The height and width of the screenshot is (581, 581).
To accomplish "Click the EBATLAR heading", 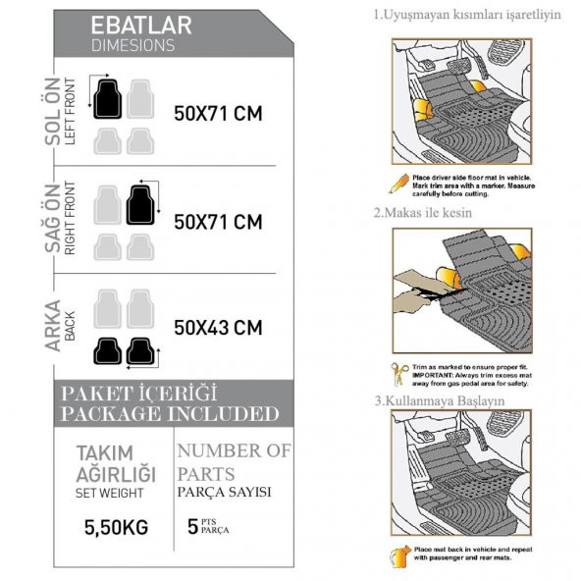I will (x=140, y=26).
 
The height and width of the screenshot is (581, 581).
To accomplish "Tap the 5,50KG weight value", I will (x=116, y=527).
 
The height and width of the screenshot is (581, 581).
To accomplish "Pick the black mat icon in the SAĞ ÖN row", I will (x=141, y=204).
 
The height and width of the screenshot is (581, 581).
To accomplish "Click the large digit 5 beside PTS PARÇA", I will (x=193, y=526).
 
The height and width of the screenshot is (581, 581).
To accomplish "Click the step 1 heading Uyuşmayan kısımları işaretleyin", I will (x=468, y=15).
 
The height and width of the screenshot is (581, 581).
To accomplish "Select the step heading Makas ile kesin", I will (x=423, y=212).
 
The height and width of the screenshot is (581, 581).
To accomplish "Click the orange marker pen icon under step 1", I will (x=398, y=183).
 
